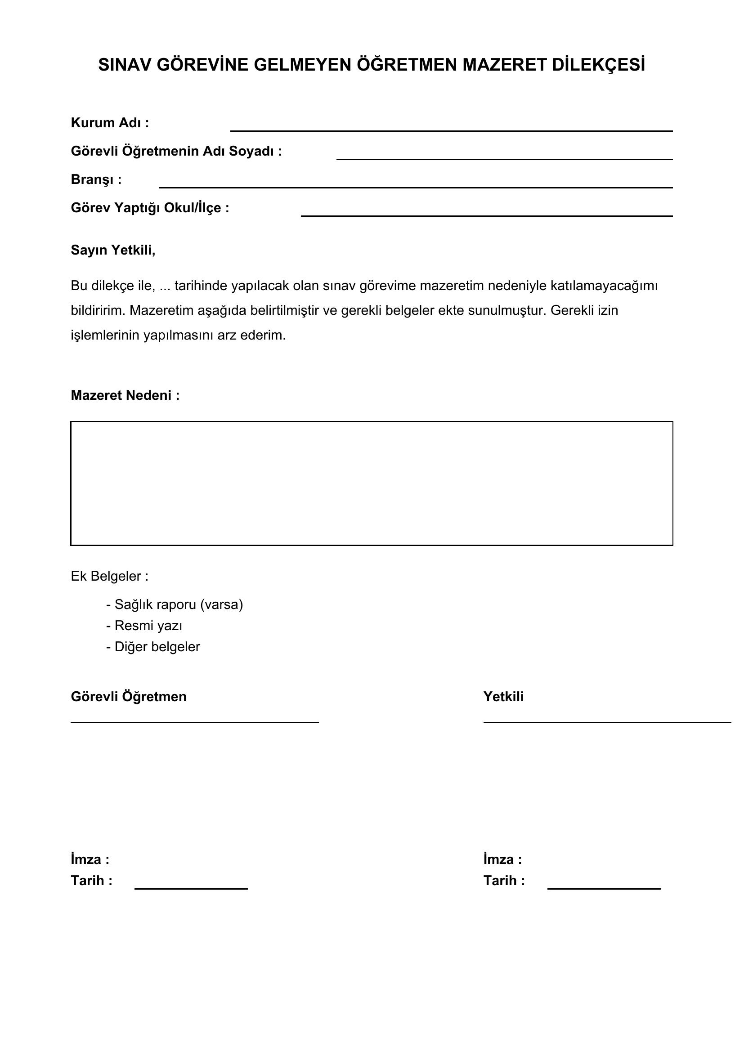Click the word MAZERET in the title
tap(504, 65)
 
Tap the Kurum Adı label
tap(110, 123)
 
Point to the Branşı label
tap(96, 179)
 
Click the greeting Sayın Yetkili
tap(113, 250)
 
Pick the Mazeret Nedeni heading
tap(125, 395)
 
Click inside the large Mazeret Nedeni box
tap(372, 483)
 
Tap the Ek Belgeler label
tap(109, 576)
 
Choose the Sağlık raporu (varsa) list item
tap(175, 604)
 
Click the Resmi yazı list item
tap(144, 626)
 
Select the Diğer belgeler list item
tap(153, 646)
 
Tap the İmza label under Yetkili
tap(502, 859)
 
